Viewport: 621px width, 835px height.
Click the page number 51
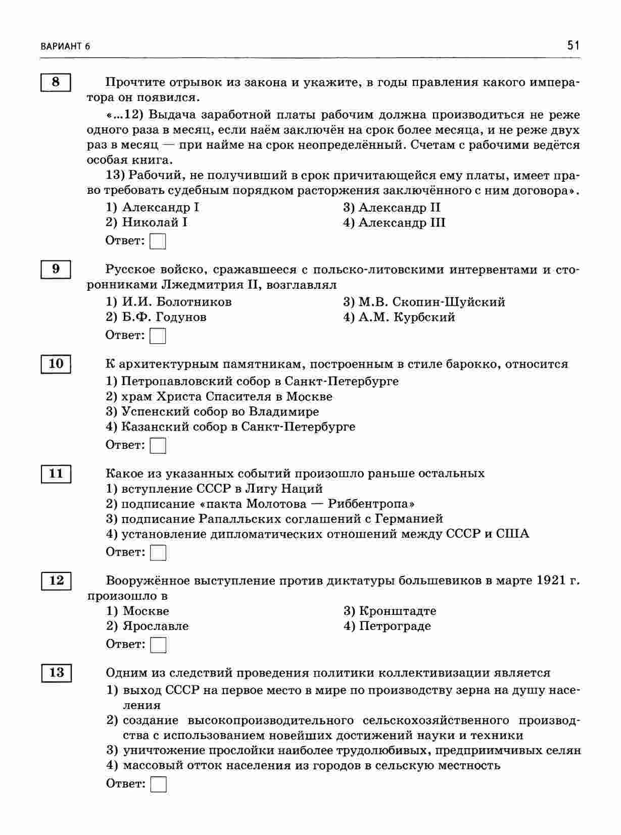pyautogui.click(x=572, y=45)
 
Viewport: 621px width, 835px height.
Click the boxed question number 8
pyautogui.click(x=56, y=82)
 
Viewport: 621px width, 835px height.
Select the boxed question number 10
pyautogui.click(x=56, y=363)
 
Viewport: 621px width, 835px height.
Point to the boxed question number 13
pyautogui.click(x=56, y=672)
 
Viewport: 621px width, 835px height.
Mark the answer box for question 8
pyautogui.click(x=158, y=241)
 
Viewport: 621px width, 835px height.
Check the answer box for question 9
pyautogui.click(x=158, y=336)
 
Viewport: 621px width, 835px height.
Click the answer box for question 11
pyautogui.click(x=159, y=553)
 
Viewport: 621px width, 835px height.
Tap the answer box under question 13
pyautogui.click(x=159, y=784)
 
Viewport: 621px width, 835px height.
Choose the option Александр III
pyautogui.click(x=395, y=223)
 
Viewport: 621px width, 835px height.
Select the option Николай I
pyautogui.click(x=147, y=223)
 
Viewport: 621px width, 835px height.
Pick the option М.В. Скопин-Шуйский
pyautogui.click(x=424, y=302)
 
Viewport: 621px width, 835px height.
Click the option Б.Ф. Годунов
pyautogui.click(x=156, y=317)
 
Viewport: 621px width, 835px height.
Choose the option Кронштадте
pyautogui.click(x=390, y=611)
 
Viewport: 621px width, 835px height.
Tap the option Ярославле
pyautogui.click(x=148, y=626)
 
